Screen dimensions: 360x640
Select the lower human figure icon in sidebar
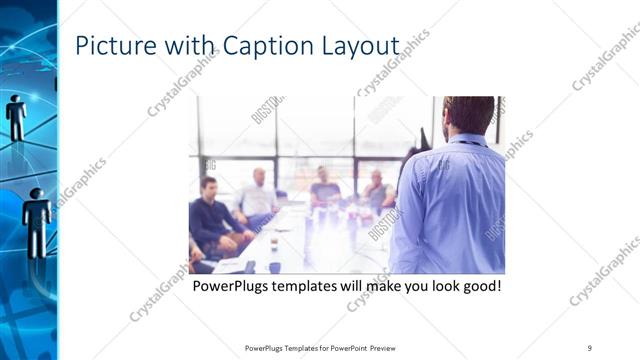[37, 220]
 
